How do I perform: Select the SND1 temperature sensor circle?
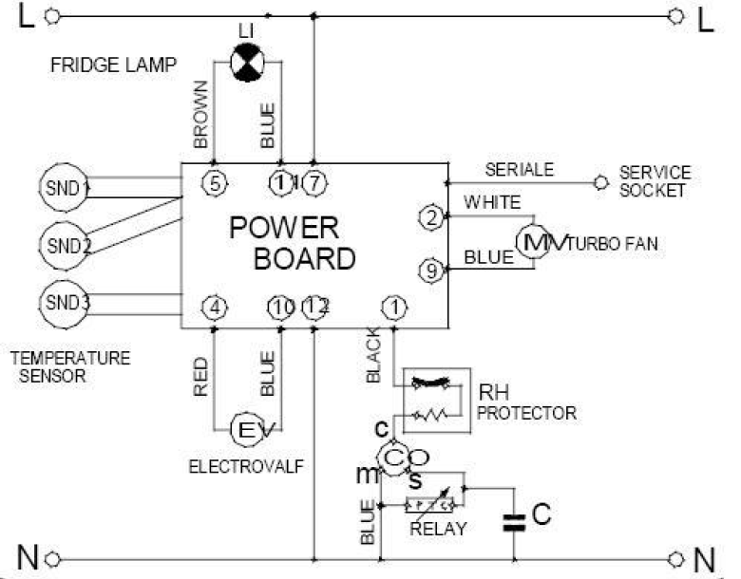(59, 188)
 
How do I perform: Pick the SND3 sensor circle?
(59, 304)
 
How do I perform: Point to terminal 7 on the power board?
(314, 183)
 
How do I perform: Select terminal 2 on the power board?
(432, 217)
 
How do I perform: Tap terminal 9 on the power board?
(432, 272)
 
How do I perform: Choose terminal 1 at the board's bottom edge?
(392, 308)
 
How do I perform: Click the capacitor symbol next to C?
(515, 521)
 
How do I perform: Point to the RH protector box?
(436, 400)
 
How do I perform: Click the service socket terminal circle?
(599, 180)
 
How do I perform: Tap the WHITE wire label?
(492, 202)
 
